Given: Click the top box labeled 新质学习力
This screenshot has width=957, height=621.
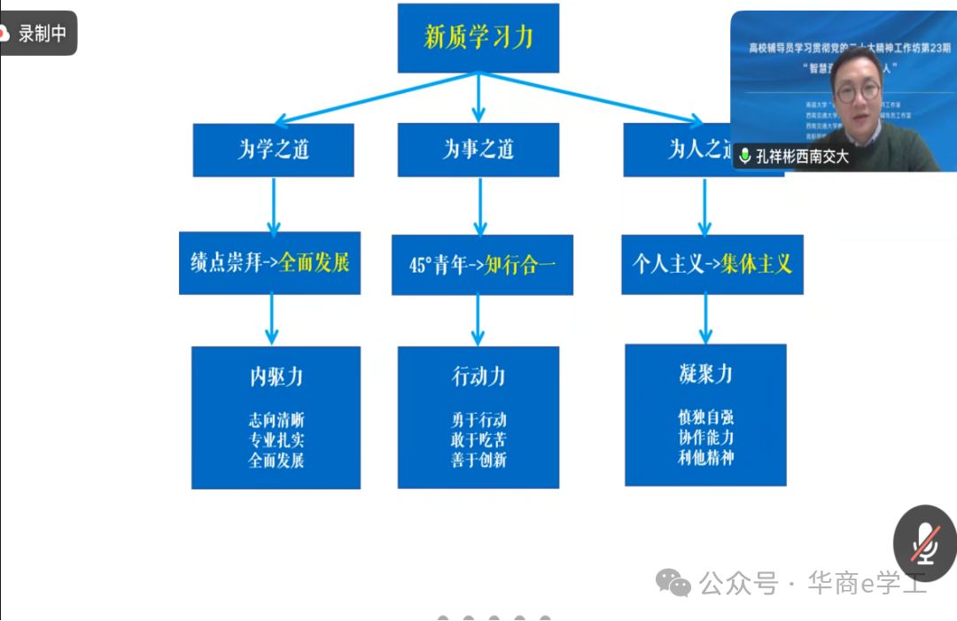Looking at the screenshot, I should pyautogui.click(x=478, y=38).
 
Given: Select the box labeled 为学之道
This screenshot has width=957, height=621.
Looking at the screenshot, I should pyautogui.click(x=273, y=150).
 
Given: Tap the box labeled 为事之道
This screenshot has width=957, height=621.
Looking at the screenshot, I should pyautogui.click(x=478, y=150).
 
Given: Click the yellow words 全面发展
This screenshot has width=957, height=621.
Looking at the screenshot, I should pyautogui.click(x=315, y=263).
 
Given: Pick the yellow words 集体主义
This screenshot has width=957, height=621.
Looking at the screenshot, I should pyautogui.click(x=756, y=264).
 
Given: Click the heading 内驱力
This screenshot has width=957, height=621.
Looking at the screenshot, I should pyautogui.click(x=276, y=376).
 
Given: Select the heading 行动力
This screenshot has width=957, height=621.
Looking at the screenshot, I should pyautogui.click(x=478, y=376).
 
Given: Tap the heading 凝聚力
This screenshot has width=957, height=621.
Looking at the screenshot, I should pyautogui.click(x=705, y=374).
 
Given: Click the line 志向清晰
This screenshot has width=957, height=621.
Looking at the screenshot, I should pyautogui.click(x=276, y=420).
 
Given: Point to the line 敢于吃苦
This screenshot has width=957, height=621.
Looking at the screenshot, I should pyautogui.click(x=478, y=440).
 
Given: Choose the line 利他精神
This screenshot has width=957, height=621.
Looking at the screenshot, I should pyautogui.click(x=705, y=457).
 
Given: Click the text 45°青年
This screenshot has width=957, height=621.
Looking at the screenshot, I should pyautogui.click(x=430, y=266).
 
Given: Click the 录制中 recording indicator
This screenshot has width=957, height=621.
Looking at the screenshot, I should pyautogui.click(x=38, y=34).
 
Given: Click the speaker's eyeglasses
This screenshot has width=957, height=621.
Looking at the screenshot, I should pyautogui.click(x=855, y=89).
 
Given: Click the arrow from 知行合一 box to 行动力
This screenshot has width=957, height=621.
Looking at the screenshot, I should pyautogui.click(x=478, y=320).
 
